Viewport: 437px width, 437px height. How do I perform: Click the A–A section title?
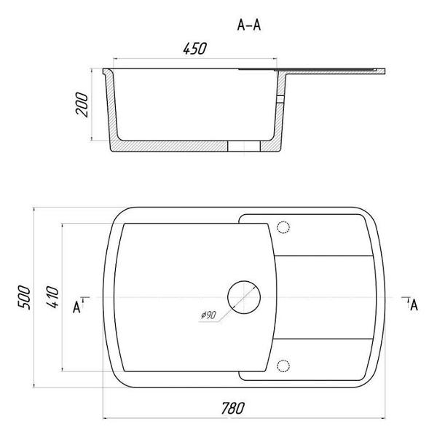pos(249,25)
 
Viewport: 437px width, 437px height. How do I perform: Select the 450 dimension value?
pos(195,49)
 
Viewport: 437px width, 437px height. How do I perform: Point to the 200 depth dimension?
pos(82,104)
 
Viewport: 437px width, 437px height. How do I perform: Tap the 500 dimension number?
pos(24,297)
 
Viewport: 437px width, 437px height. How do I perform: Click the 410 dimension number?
pos(52,297)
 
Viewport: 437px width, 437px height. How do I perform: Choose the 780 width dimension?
pos(233,409)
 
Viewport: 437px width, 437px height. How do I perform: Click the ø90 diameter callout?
pos(208,315)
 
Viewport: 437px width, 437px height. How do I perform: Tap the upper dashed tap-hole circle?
pos(283,227)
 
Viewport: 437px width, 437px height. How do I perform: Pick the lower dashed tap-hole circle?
pos(283,366)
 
